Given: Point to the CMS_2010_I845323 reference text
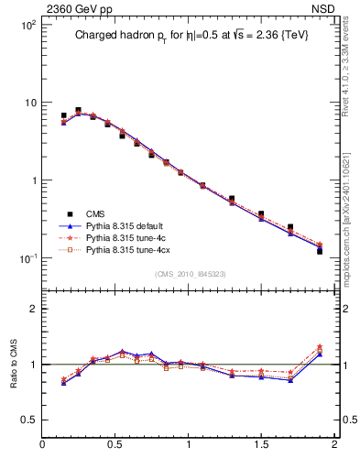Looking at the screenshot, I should pyautogui.click(x=189, y=273).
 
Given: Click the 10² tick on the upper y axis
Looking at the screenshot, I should pyautogui.click(x=27, y=25).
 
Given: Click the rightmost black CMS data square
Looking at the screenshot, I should pyautogui.click(x=320, y=250).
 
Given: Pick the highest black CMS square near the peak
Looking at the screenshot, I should pyautogui.click(x=78, y=110).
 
